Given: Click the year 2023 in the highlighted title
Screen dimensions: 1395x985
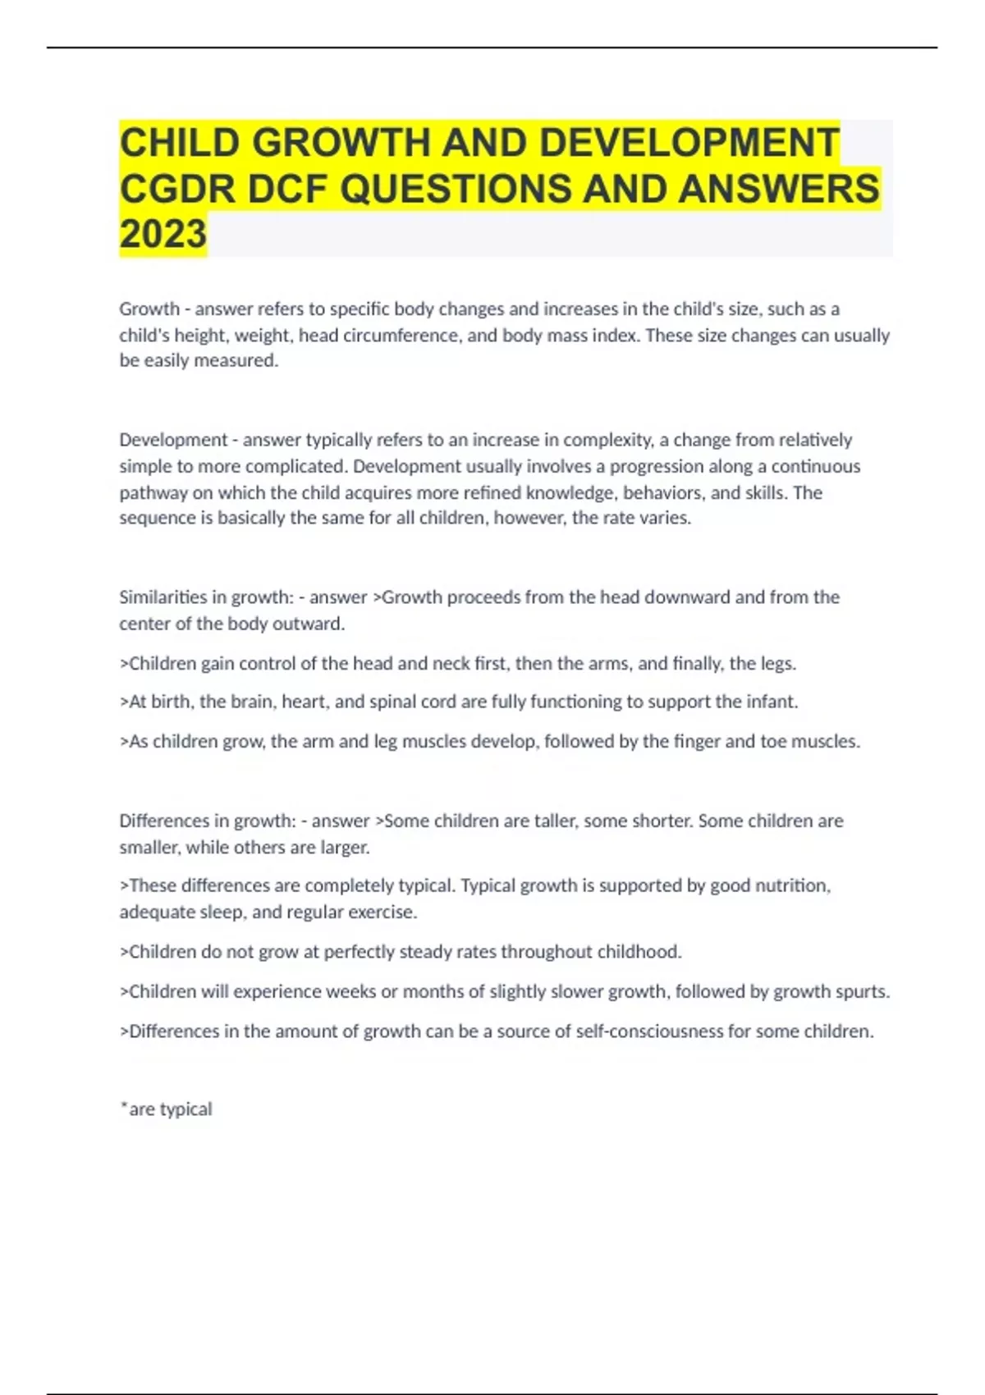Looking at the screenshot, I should click(163, 234).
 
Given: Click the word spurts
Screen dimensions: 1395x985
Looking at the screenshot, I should click(864, 992).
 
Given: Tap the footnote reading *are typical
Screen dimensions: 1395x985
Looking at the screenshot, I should click(166, 1109).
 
